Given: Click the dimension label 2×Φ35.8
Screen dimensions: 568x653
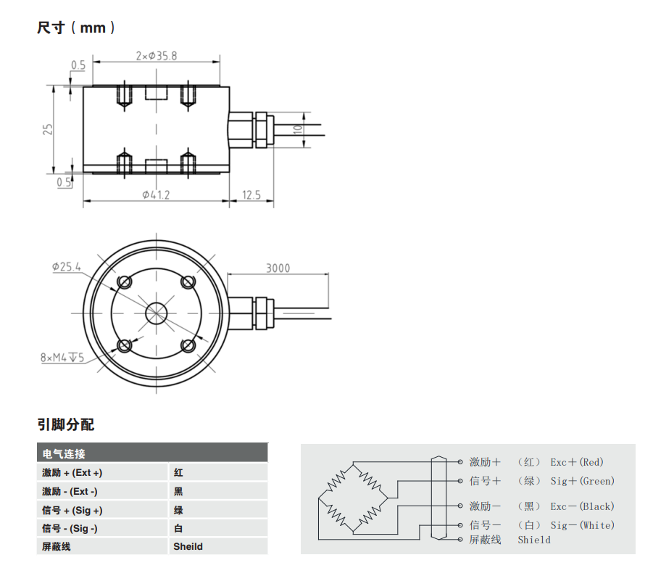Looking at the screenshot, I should pos(157,55).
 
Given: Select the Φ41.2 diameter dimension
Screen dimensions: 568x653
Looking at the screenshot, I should pos(156,194).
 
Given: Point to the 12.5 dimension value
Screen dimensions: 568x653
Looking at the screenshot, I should pos(252,194).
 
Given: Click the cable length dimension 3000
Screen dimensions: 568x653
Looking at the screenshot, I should pos(278,268).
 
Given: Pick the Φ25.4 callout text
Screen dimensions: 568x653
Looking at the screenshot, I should pos(66,266).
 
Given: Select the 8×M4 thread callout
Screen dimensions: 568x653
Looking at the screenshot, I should pos(62,358).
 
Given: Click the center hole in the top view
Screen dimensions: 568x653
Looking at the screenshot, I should pos(156,313).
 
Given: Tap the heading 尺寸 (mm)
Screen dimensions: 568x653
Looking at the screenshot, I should pos(76,28).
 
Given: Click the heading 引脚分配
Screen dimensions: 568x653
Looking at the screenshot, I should pos(65,424).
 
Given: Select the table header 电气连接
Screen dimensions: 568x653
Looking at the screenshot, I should pos(64,454).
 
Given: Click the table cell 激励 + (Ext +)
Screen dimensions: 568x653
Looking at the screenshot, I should pos(72,472).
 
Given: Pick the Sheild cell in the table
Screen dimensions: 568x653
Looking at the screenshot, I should pos(188,546).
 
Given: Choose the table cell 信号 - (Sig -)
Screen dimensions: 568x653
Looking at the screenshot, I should pos(70,528).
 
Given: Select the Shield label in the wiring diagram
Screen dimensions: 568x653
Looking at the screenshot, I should pos(534,540).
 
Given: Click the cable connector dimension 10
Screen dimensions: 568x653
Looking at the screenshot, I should pos(297,129).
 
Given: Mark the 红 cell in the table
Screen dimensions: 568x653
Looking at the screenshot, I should pos(178,472).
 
